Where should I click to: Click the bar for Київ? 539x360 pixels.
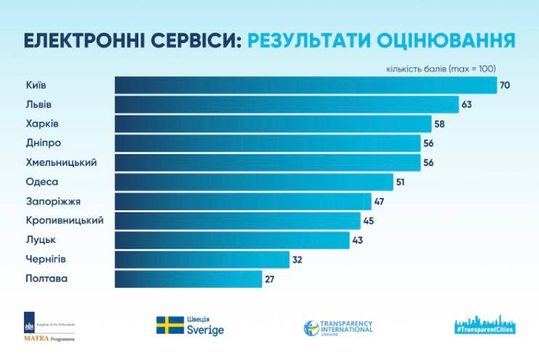(x=306, y=85)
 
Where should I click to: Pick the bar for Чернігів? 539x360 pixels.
(x=201, y=259)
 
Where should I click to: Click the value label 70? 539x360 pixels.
(x=505, y=85)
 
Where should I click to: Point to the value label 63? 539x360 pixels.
(x=467, y=105)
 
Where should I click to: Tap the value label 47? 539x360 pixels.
(x=378, y=201)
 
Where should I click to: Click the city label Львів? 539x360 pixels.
(x=38, y=105)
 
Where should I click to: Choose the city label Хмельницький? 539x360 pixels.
(x=61, y=162)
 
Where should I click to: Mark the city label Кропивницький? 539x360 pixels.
(x=64, y=220)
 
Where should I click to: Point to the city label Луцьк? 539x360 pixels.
(x=40, y=239)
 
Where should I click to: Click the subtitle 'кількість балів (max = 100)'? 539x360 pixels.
(x=441, y=68)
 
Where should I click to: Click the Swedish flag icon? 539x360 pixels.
(x=169, y=325)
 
